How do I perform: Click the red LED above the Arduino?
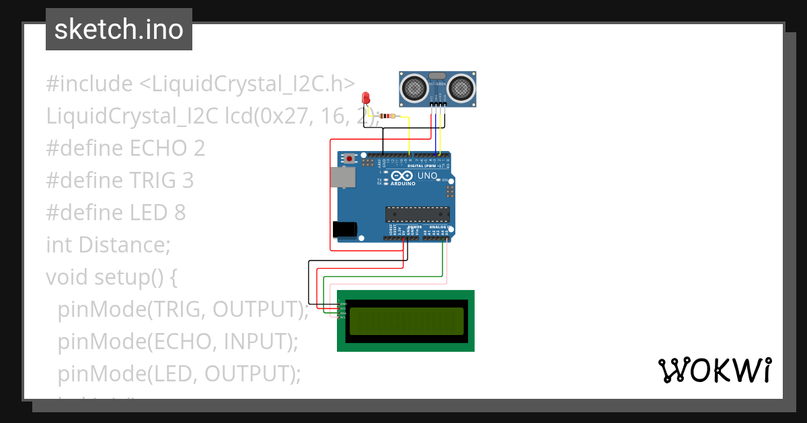pos(366,98)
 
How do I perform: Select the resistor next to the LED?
pos(388,116)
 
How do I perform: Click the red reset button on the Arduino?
pos(349,158)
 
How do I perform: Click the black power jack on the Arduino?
pos(344,229)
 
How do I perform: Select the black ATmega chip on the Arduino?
pos(417,214)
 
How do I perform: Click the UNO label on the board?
pos(427,176)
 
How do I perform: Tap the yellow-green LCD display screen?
pos(406,321)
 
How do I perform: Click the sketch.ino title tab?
pos(119,30)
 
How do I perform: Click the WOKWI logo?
pos(714,371)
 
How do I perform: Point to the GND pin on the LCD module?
pos(342,303)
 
